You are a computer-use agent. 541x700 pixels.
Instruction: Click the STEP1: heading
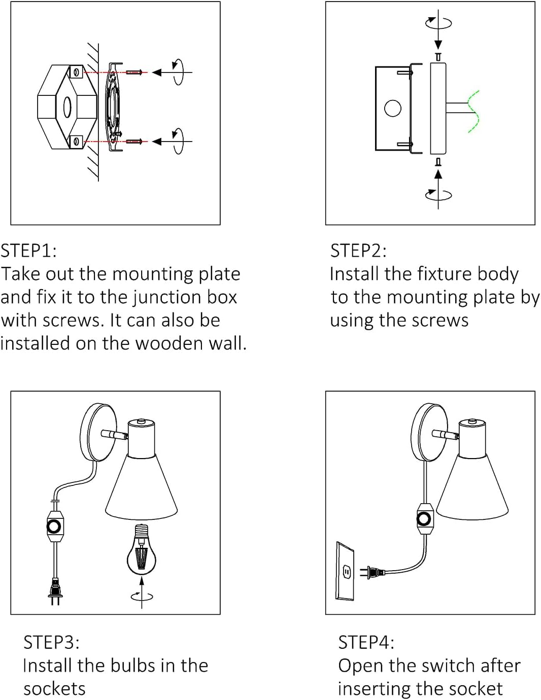[x=29, y=251]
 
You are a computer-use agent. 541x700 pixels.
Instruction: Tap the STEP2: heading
[x=358, y=251]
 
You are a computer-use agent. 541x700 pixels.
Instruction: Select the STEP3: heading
[x=52, y=642]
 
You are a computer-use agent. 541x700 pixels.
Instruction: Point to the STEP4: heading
[x=366, y=642]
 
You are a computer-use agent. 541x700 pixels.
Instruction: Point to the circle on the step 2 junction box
[x=393, y=108]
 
